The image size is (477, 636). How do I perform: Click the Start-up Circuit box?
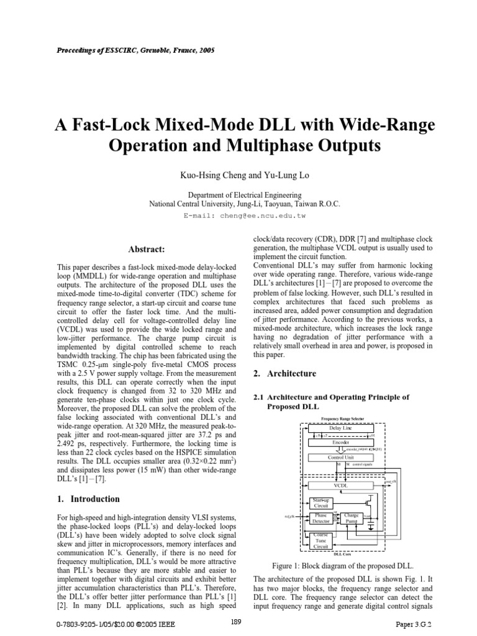pos(320,502)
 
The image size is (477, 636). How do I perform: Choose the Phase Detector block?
pos(320,519)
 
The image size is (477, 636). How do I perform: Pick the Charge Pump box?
pos(352,519)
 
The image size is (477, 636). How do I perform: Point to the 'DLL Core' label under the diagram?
pos(343,554)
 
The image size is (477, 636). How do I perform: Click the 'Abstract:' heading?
pos(146,249)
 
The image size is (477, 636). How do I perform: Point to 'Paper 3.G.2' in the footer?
pos(413,623)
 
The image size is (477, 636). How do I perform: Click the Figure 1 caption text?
pos(343,566)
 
